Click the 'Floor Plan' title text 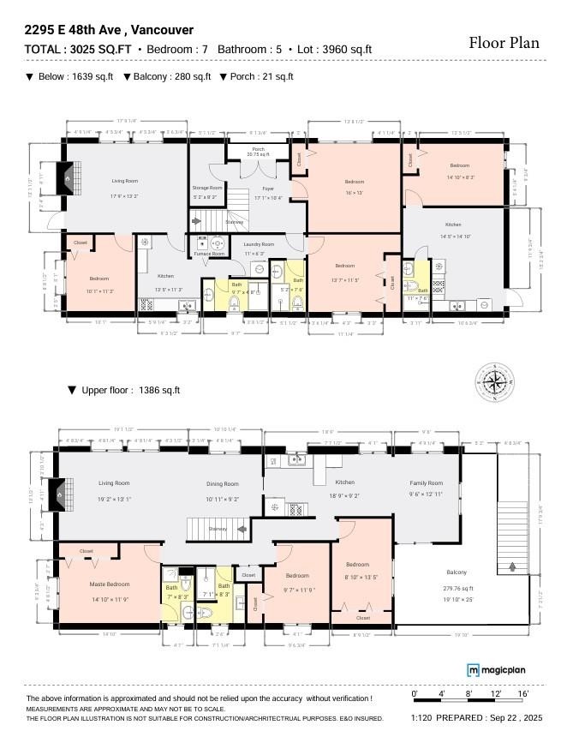(504, 43)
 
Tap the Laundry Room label (258, 244)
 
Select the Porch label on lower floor (257, 149)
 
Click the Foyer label (268, 188)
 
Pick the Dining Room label (222, 484)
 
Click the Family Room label (425, 482)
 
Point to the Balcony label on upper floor (457, 572)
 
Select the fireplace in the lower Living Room (65, 178)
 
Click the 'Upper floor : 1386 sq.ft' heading (125, 391)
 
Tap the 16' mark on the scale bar (522, 692)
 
